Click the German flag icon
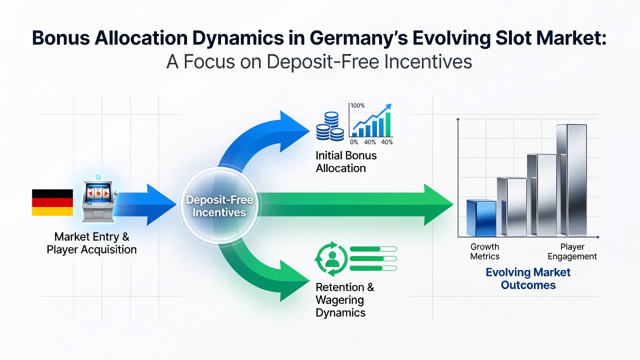52,202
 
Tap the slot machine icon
98,200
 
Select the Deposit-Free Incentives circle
219,205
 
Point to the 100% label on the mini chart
357,105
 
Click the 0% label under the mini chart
353,142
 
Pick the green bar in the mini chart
388,124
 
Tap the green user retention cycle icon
331,258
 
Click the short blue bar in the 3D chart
481,217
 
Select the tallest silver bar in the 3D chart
571,180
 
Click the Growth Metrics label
484,251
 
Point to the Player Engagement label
572,251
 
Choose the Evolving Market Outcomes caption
528,278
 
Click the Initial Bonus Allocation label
346,161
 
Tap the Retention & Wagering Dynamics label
345,300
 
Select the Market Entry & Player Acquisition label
91,243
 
